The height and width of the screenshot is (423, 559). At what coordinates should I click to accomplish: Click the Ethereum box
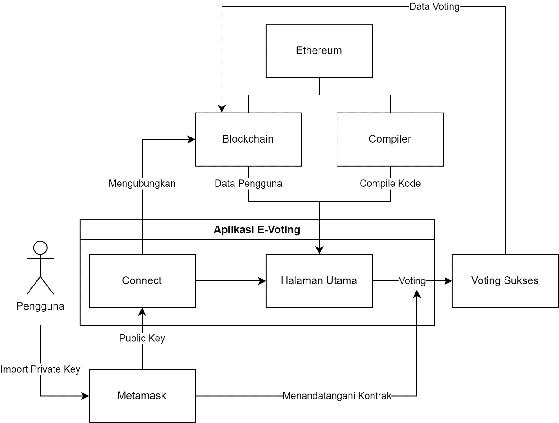coord(319,51)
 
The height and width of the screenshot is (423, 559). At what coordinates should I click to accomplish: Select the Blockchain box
coord(248,139)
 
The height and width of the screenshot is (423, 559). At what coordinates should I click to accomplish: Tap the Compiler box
coord(390,139)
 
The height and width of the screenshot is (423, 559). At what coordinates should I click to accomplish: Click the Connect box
coord(142,280)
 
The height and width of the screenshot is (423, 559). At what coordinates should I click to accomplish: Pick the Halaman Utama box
coord(319,280)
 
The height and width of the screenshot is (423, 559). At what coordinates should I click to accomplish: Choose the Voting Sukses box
coord(505,280)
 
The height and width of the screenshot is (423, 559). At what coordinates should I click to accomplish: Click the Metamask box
coord(142,395)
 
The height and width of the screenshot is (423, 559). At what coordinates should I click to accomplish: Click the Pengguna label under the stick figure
coord(40,306)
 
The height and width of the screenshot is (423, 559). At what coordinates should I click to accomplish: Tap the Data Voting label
coord(434,6)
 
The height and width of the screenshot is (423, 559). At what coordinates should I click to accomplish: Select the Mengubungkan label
coord(142,184)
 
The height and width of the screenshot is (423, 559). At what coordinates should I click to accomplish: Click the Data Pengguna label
coord(248,184)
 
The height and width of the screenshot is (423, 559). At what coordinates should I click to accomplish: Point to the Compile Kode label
coord(390,184)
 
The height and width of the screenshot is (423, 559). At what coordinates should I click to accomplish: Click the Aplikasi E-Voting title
coord(257,230)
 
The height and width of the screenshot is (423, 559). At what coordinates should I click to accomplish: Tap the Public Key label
coord(142,339)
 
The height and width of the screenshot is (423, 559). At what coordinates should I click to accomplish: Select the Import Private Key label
coord(40,369)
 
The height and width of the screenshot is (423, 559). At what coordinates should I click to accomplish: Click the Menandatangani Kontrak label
coord(337,396)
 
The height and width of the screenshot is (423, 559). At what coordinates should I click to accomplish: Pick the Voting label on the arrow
coord(412,280)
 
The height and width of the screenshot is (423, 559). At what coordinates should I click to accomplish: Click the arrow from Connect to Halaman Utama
coord(230,280)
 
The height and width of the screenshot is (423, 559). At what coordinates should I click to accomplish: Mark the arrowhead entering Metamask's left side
coord(85,396)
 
